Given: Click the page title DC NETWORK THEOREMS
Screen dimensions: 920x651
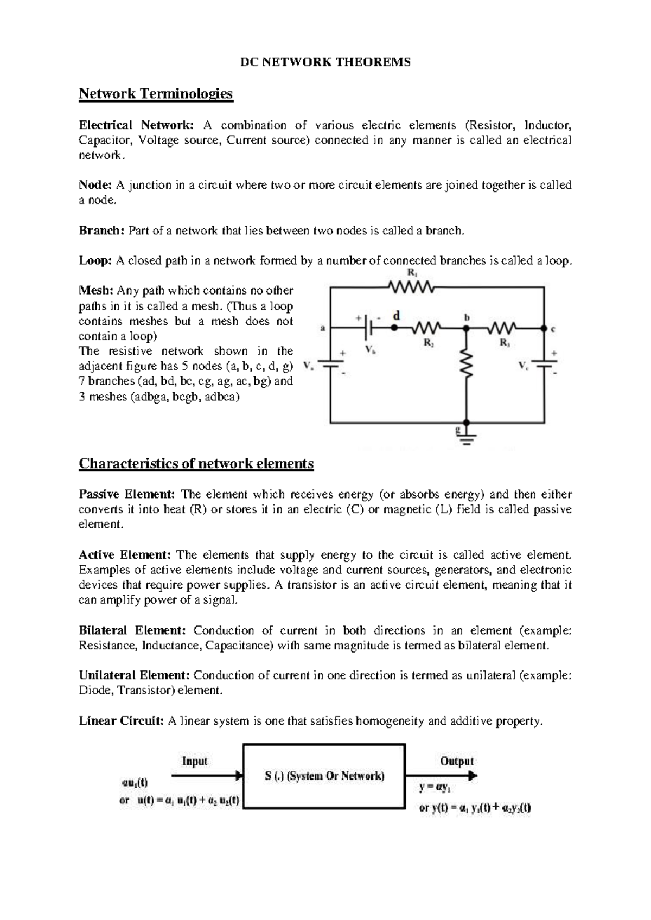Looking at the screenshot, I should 325,62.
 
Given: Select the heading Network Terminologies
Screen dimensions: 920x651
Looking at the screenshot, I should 156,94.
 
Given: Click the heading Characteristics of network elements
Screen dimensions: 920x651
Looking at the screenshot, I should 196,464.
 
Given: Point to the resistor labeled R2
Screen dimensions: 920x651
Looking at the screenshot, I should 429,328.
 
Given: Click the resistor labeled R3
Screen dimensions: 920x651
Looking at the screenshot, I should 504,328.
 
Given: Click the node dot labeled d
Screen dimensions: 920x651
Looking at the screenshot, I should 394,328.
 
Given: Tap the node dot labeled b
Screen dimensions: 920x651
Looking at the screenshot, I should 466,328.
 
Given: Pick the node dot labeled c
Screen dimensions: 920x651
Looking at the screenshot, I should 544,328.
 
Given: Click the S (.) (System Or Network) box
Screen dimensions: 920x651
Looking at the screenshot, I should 324,776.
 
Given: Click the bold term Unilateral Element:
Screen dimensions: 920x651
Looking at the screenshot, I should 134,675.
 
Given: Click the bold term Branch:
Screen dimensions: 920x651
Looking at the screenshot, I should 101,231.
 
